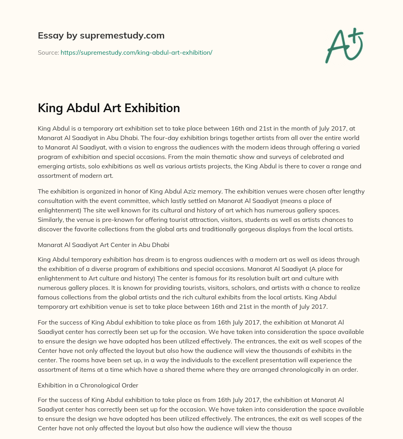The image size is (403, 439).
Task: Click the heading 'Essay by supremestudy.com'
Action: coord(101,36)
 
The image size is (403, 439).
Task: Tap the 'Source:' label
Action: coord(48,52)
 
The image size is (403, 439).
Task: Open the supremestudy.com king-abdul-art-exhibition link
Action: coord(136,52)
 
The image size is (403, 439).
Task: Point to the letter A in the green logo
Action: coord(337,46)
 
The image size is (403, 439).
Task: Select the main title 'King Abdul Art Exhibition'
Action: coord(109,108)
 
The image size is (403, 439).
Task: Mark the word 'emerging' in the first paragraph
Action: coord(50,166)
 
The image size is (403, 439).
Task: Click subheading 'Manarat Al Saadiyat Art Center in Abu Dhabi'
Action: coord(104,245)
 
